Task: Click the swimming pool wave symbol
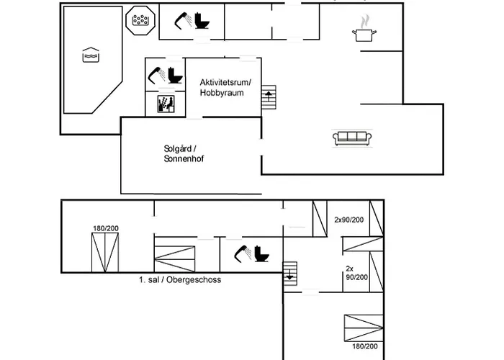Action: click(89, 55)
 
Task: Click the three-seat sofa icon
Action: click(352, 138)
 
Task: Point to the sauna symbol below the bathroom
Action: click(165, 104)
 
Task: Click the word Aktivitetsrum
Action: click(219, 83)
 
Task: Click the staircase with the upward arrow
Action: click(269, 97)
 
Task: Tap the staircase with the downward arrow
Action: click(290, 274)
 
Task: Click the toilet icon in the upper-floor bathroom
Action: click(261, 254)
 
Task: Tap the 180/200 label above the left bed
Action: click(105, 228)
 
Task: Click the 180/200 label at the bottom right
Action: click(364, 346)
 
